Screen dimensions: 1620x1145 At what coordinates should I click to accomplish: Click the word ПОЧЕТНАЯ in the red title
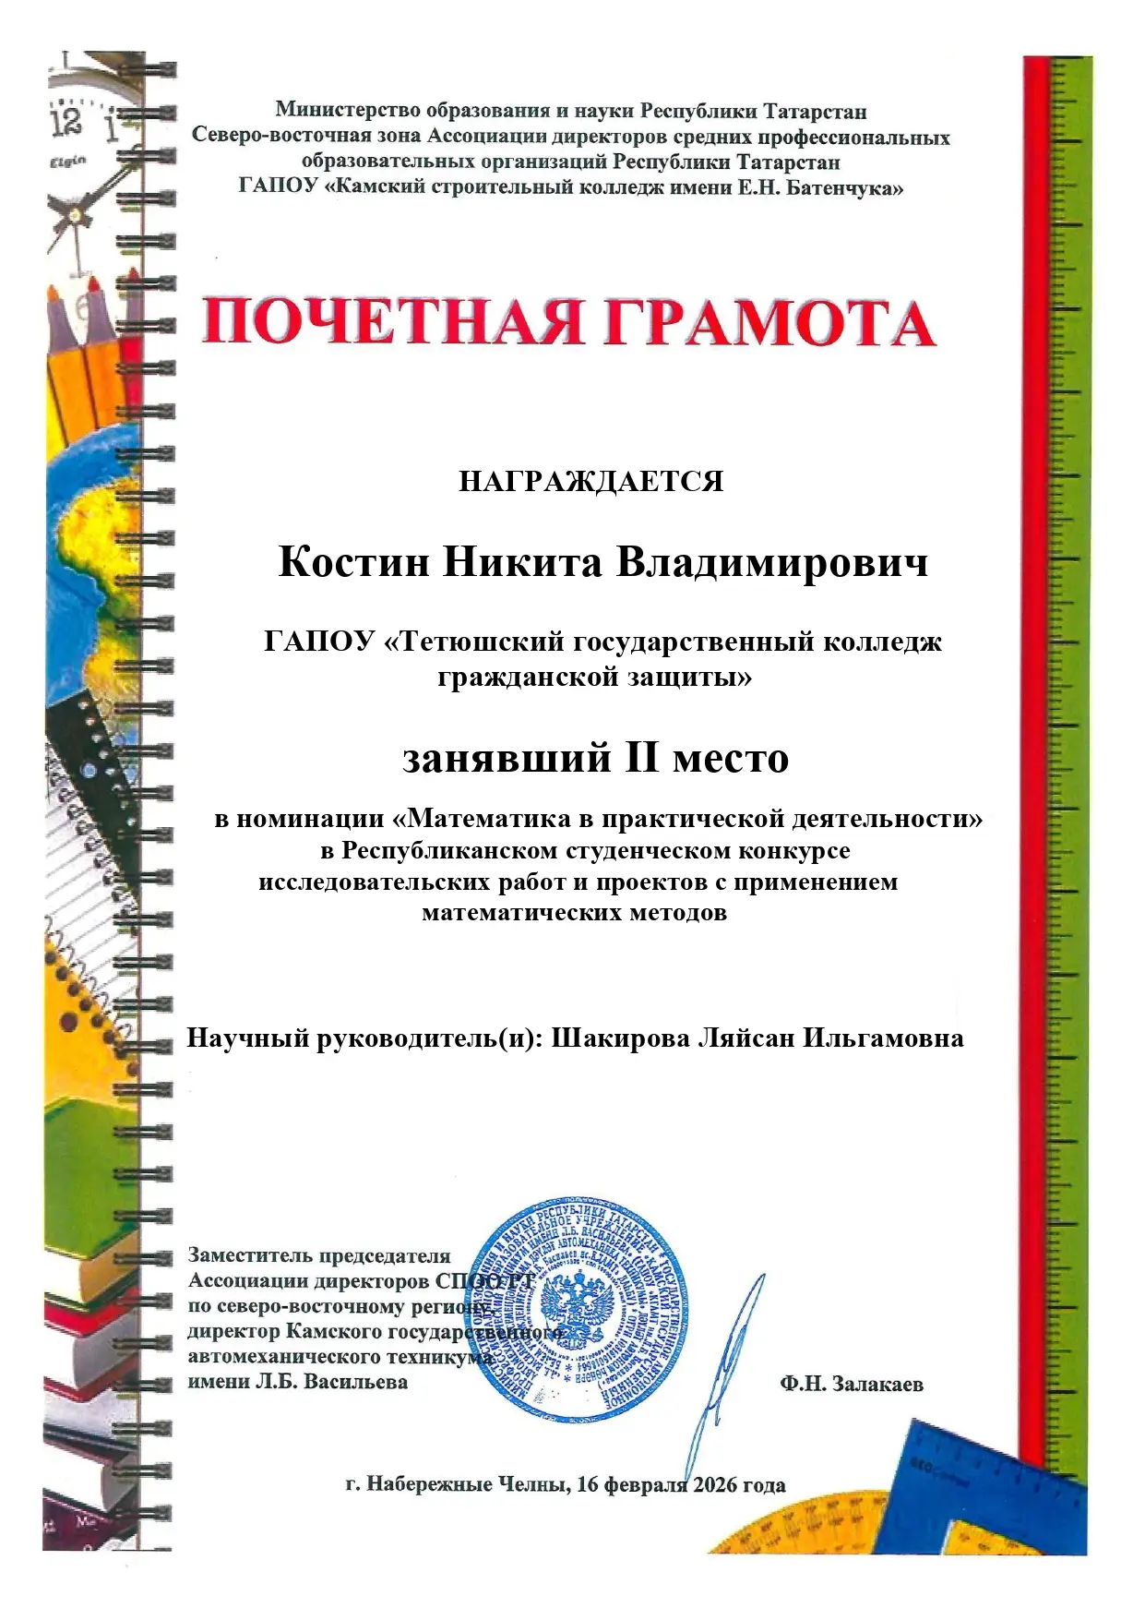pos(392,322)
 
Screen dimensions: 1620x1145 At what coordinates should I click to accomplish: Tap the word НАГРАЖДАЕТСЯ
pos(590,482)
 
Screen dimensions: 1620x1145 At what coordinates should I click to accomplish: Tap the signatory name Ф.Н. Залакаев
pos(851,1385)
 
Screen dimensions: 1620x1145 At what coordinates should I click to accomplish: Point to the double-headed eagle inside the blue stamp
pos(577,1309)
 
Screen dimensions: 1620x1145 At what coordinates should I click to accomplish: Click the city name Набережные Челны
pos(469,1485)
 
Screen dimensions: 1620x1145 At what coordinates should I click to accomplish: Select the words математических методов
pos(574,913)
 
